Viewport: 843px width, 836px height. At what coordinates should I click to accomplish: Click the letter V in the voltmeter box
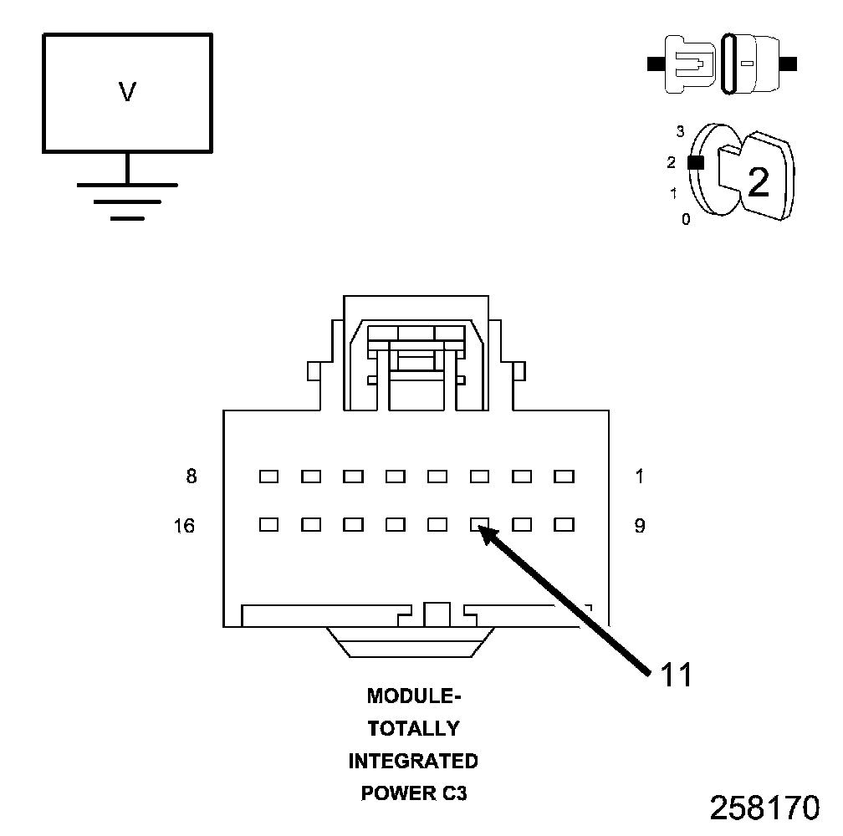tap(127, 92)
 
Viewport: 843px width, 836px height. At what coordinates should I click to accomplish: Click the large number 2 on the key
tap(758, 181)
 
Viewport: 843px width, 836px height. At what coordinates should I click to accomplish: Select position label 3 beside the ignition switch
tap(681, 131)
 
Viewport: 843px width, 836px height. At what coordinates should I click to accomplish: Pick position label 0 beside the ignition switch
tap(686, 221)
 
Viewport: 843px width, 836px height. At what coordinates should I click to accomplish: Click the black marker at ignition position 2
tap(695, 163)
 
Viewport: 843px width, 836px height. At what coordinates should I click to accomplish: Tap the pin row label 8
tap(192, 477)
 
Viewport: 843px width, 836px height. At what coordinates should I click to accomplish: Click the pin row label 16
tap(185, 526)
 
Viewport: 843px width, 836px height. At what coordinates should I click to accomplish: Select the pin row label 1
tap(640, 477)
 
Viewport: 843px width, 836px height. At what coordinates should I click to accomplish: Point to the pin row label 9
tap(640, 526)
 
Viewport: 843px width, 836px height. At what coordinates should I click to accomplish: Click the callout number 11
tap(677, 675)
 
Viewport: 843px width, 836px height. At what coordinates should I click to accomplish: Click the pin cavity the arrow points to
tap(479, 525)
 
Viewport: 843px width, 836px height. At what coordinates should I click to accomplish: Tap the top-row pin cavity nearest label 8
tap(268, 477)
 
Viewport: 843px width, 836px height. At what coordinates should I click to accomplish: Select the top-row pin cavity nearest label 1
tap(565, 477)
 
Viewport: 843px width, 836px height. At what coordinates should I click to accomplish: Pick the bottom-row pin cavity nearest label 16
tap(268, 525)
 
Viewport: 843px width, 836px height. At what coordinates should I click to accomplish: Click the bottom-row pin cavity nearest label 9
tap(565, 525)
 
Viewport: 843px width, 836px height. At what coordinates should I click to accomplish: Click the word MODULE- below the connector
tap(414, 696)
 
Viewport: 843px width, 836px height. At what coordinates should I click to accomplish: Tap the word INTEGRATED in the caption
tap(413, 761)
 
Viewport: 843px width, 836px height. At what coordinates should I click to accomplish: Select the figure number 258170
tap(764, 808)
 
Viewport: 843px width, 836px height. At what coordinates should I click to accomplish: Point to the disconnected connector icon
tap(723, 63)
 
